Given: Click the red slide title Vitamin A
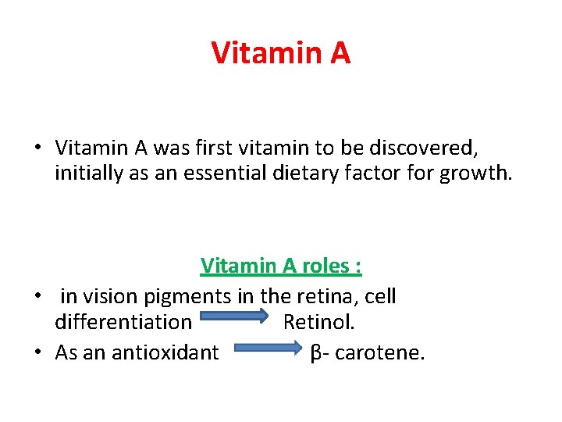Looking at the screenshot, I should point(281,53).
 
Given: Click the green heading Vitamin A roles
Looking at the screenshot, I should point(281,266).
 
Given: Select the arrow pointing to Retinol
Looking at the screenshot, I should point(232,322).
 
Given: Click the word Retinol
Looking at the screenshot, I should point(318,322).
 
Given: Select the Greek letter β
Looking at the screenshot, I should point(315,353).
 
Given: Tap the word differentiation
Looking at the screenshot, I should point(123,322).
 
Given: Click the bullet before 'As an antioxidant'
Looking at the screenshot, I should point(37,353).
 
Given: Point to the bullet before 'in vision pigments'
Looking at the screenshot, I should point(37,297).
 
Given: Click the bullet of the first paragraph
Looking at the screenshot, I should point(37,148).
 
